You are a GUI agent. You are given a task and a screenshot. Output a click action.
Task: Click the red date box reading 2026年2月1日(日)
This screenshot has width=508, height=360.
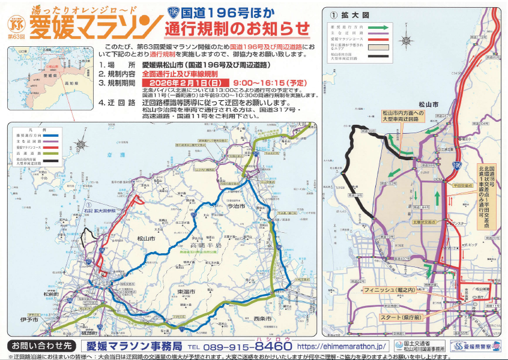click(x=186, y=83)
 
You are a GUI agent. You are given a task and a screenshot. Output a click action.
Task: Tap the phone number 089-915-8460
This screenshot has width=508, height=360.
click(x=241, y=346)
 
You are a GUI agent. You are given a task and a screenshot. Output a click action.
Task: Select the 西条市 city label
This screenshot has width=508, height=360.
click(x=262, y=318)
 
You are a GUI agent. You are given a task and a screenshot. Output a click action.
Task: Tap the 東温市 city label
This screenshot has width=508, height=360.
click(x=187, y=291)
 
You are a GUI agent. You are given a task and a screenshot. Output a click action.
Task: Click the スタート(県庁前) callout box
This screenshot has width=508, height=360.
click(x=397, y=316)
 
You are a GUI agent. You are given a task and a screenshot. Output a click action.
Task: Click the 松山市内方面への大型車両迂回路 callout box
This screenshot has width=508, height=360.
click(x=404, y=116)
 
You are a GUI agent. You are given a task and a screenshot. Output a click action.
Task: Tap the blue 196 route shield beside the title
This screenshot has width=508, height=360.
click(x=174, y=11)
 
